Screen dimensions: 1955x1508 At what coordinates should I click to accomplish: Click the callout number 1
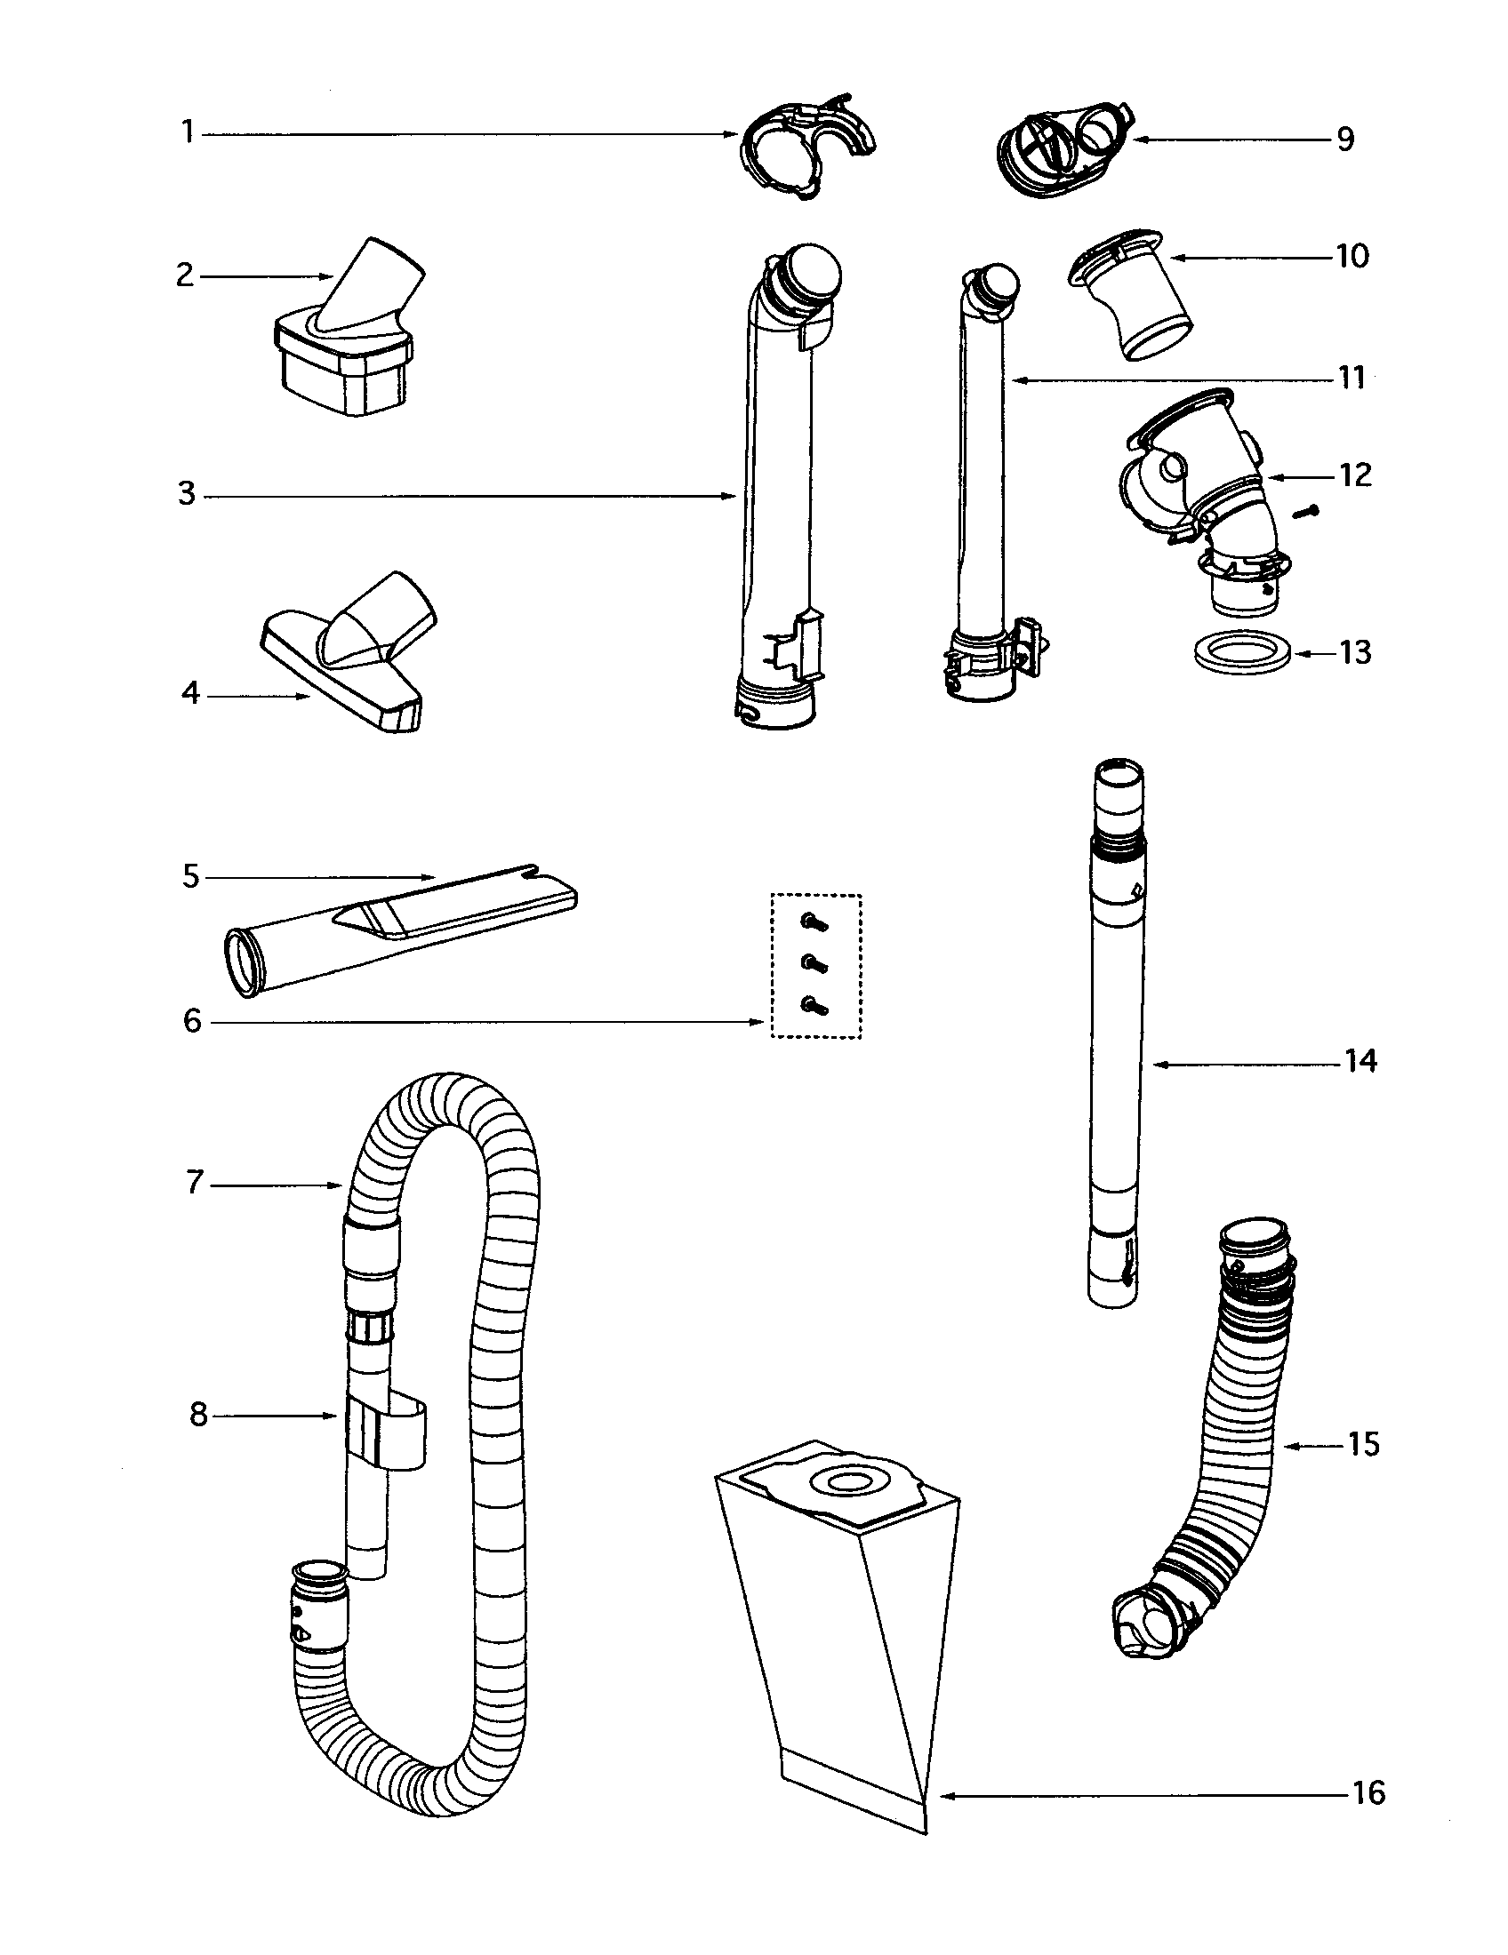187,133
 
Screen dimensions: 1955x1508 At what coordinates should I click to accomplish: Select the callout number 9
1345,140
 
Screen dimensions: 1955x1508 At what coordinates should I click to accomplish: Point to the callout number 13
1357,653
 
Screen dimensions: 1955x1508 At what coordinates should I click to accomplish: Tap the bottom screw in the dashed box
815,1006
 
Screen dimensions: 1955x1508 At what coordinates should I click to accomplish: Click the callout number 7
195,1184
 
